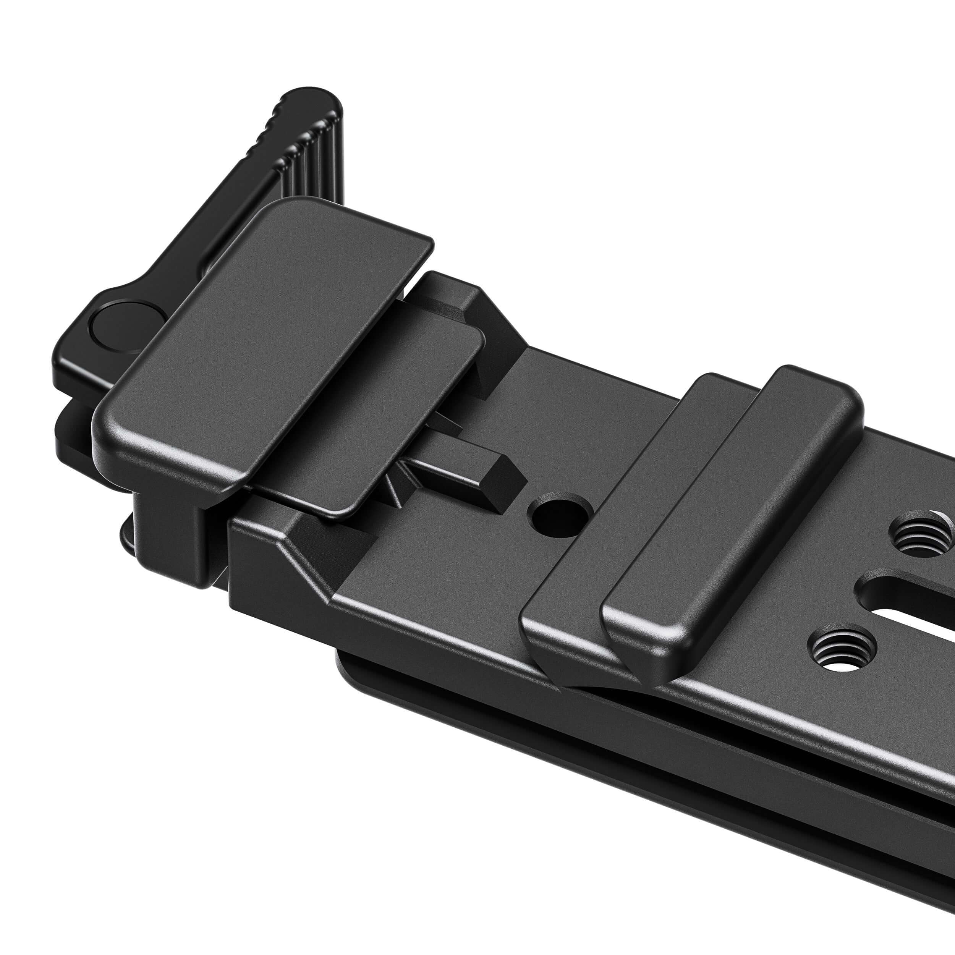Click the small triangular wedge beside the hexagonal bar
coord(395,484)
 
